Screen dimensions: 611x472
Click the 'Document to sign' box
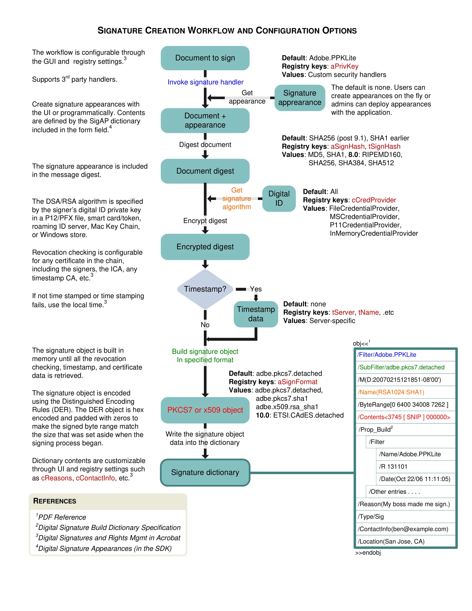[x=205, y=58]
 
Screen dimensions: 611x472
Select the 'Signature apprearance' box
[x=300, y=98]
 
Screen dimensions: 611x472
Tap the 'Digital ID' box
[x=279, y=198]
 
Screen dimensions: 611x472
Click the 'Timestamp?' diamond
[x=205, y=289]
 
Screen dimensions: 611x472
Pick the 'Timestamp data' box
[x=255, y=314]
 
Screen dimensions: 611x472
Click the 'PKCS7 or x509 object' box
[x=205, y=410]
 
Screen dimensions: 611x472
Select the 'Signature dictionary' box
[x=205, y=472]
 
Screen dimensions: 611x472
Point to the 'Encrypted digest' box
[x=205, y=247]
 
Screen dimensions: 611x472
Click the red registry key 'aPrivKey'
[x=344, y=66]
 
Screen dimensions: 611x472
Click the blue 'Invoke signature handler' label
[x=205, y=82]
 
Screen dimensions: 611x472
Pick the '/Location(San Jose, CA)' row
[x=391, y=541]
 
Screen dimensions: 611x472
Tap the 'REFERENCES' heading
[x=54, y=501]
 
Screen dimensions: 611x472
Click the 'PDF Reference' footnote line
[x=62, y=517]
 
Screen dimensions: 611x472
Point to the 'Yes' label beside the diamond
[x=255, y=289]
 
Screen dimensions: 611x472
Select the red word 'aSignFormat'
[x=297, y=382]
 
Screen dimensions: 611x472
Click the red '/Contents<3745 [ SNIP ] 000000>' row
[x=404, y=417]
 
